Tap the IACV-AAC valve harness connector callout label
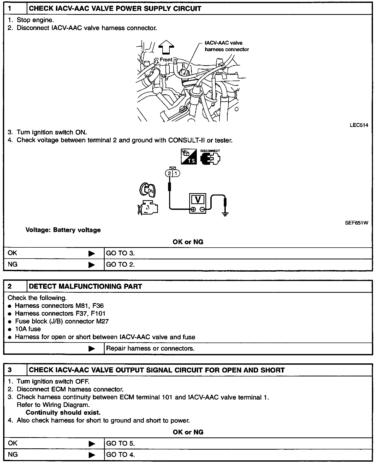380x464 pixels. click(227, 46)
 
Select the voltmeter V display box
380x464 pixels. click(198, 200)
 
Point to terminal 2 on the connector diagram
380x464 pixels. click(169, 173)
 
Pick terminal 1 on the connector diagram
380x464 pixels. click(176, 173)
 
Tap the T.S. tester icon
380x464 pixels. click(189, 157)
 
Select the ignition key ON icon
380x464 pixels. click(148, 190)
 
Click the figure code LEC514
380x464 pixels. click(359, 125)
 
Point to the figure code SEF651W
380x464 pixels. click(357, 223)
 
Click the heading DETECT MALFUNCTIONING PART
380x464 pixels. click(85, 286)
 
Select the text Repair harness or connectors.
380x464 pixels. click(150, 349)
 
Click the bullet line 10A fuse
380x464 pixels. click(28, 329)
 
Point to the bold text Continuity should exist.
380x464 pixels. click(63, 413)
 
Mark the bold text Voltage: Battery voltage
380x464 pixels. click(63, 230)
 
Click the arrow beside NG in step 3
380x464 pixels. click(92, 455)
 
